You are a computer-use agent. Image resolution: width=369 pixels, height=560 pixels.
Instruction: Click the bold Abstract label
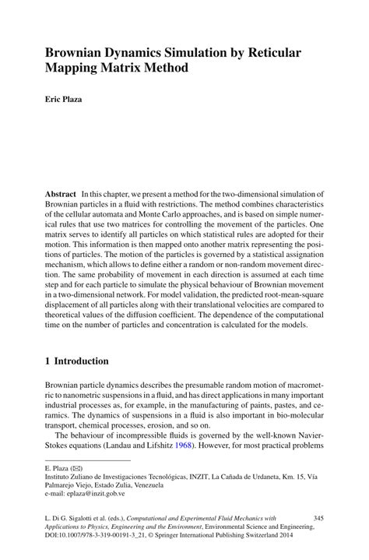[x=60, y=193]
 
